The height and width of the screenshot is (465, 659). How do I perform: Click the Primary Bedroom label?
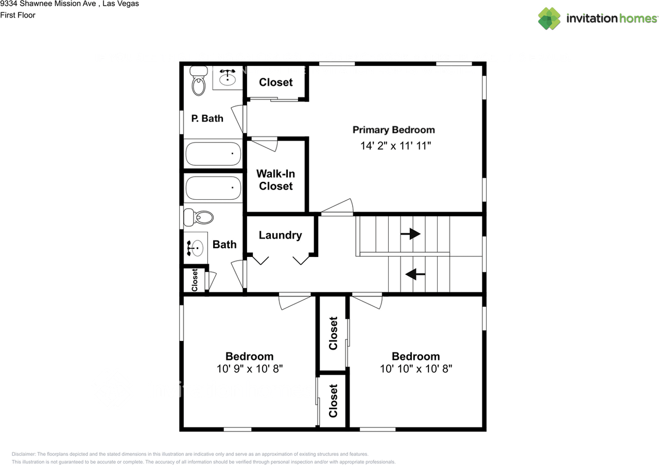tap(394, 130)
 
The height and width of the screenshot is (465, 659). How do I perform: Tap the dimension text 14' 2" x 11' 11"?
tap(396, 146)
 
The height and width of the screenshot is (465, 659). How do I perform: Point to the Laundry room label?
tap(281, 235)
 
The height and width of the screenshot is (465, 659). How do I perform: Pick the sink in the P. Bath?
tap(228, 77)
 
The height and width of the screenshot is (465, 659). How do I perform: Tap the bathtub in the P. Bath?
tap(213, 153)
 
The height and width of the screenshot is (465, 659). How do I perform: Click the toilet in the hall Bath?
tap(199, 217)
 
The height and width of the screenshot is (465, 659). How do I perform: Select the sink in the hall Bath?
tap(195, 248)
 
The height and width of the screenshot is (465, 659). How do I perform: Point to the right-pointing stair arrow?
tap(410, 234)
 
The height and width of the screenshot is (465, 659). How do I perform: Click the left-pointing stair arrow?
tap(415, 274)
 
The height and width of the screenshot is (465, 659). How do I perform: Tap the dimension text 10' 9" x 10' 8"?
tap(250, 369)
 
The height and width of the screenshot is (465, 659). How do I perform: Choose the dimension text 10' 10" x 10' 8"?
tap(416, 369)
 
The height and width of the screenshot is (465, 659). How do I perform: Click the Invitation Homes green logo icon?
tap(549, 19)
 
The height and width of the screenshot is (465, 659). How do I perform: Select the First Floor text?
tap(18, 15)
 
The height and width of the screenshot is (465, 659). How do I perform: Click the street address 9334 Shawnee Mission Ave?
tap(48, 4)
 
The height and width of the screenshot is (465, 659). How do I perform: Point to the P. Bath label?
tap(207, 118)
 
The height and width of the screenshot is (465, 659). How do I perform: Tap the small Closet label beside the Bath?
tap(195, 280)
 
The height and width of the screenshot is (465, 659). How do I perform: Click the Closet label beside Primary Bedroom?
tap(275, 82)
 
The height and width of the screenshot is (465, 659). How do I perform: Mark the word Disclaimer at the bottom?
tap(24, 454)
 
